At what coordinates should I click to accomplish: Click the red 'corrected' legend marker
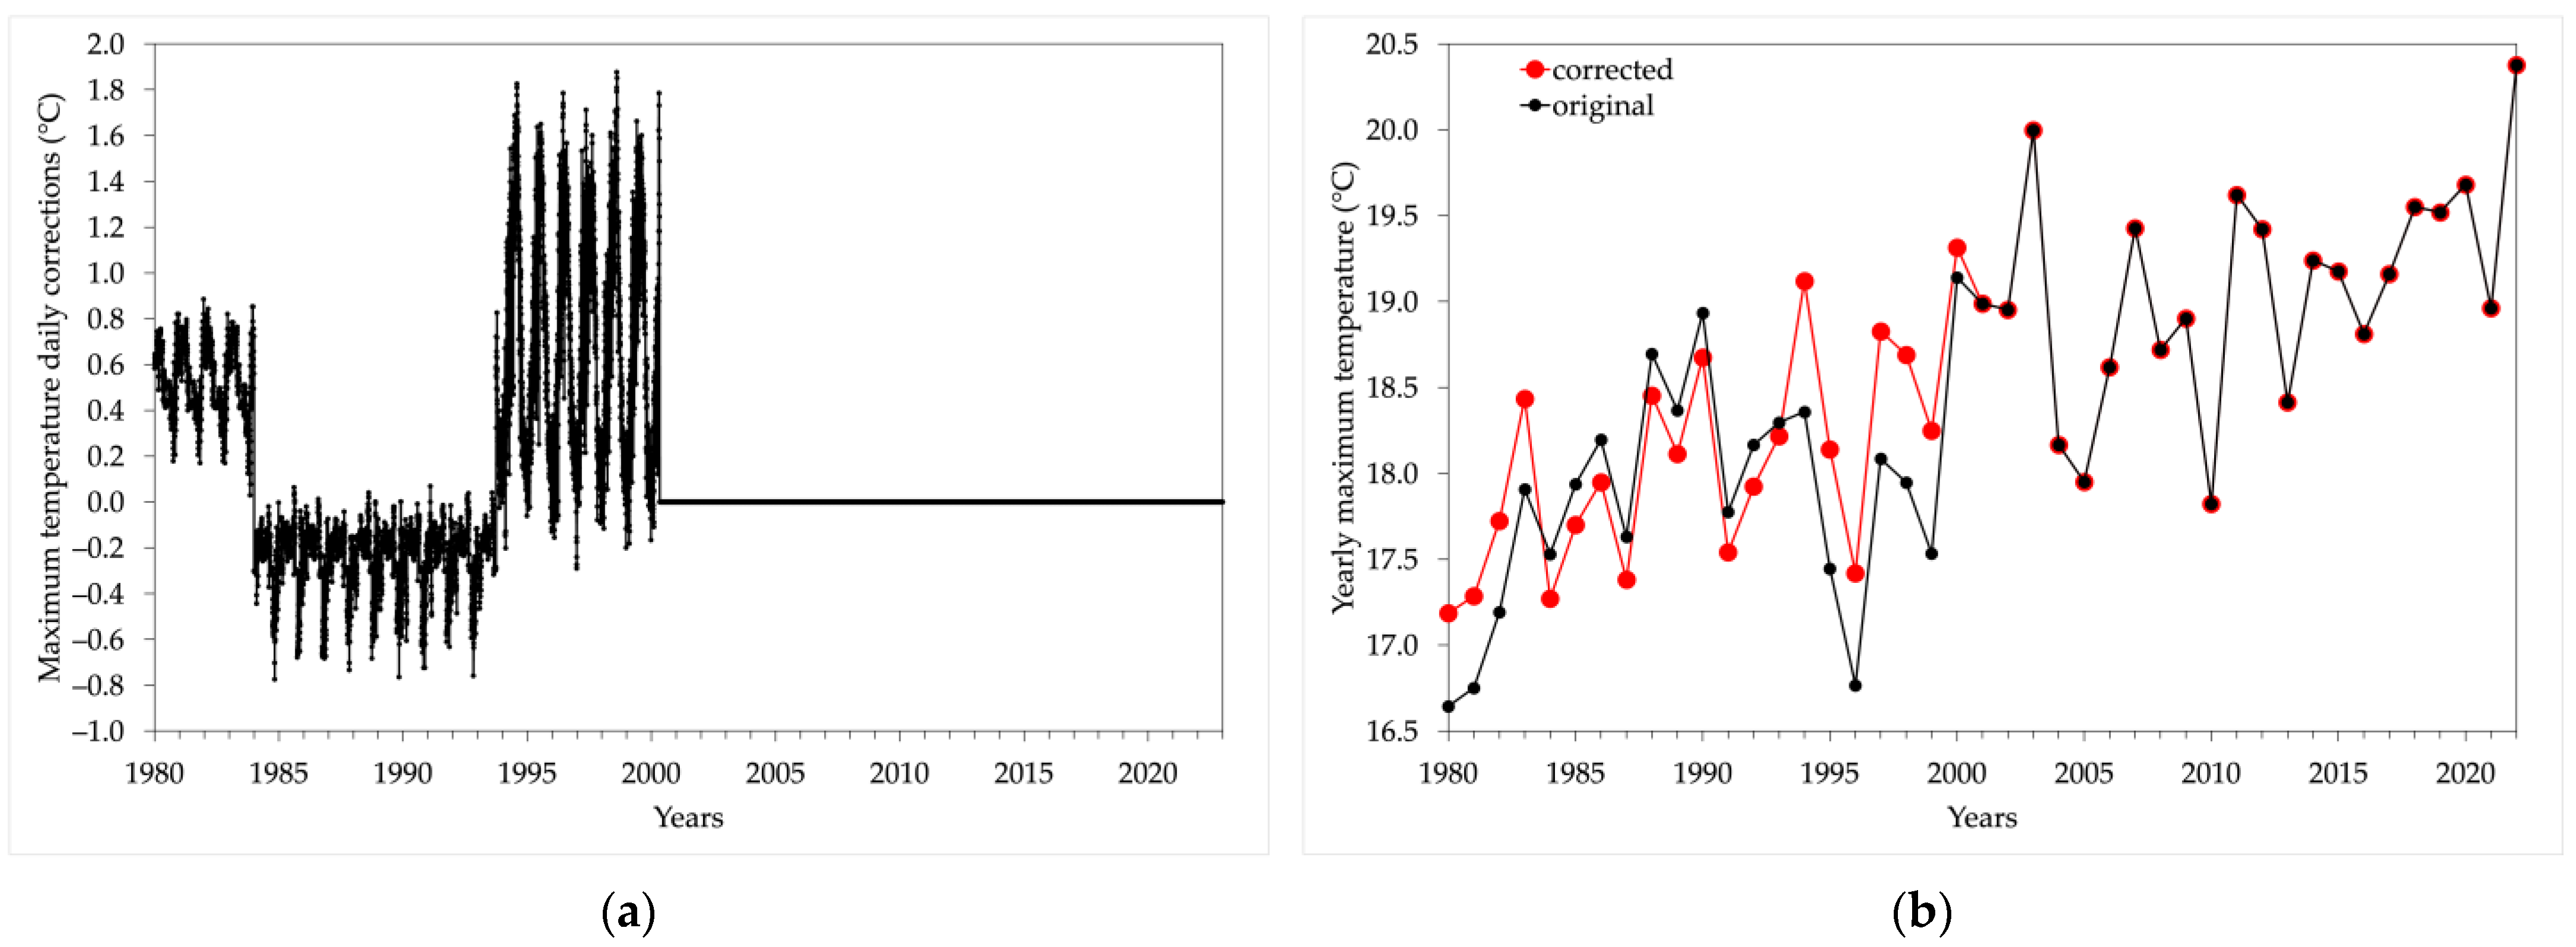[1534, 70]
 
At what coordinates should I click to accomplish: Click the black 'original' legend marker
[1534, 105]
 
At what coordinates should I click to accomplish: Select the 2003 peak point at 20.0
[2033, 130]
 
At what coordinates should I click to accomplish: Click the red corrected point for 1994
[1804, 281]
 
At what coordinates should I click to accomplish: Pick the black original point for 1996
[1855, 685]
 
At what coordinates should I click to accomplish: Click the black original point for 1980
[1448, 706]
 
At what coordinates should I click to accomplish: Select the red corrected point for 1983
[1524, 399]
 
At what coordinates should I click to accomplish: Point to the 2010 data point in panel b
[2211, 504]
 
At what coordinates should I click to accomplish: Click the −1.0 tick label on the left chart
[98, 731]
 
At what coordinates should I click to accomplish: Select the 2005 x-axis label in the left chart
[775, 773]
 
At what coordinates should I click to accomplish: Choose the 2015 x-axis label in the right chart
[2338, 773]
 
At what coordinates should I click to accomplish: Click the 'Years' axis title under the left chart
[688, 817]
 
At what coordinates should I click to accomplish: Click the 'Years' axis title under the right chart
[1982, 817]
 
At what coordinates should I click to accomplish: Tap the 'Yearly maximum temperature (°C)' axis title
[1345, 387]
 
